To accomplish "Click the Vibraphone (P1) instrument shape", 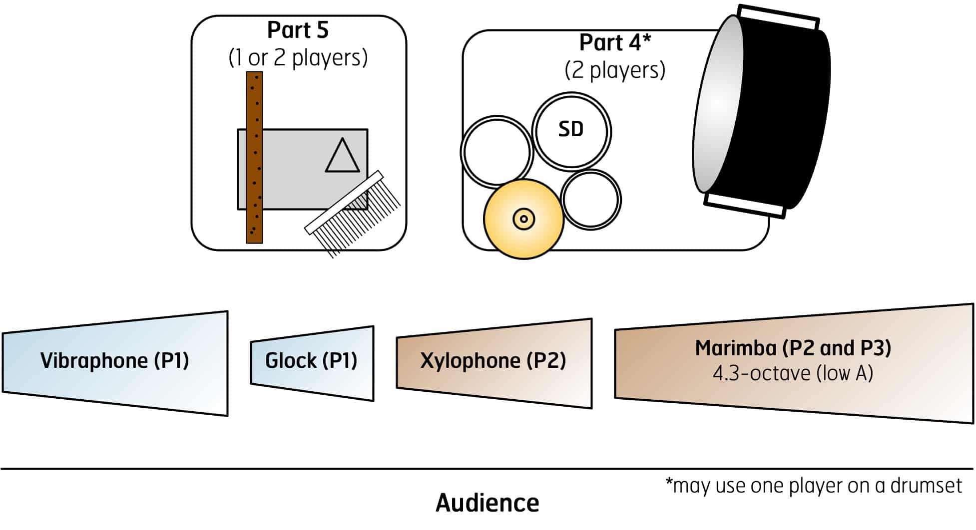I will (115, 363).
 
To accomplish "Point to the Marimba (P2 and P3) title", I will (793, 348).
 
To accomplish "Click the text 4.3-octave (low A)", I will (793, 373).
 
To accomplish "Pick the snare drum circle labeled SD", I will (571, 131).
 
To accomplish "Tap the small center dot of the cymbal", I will (523, 219).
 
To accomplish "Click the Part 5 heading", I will (298, 30).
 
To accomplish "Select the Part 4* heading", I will (615, 43).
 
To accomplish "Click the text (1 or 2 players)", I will (298, 57).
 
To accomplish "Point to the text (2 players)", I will (615, 70).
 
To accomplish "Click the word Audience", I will (487, 503).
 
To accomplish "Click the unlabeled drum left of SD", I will (496, 152).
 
